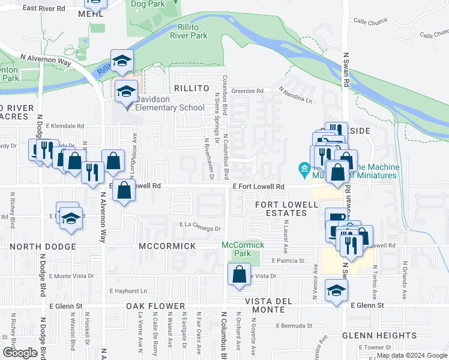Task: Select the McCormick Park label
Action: (243, 249)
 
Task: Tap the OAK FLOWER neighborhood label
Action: (155, 306)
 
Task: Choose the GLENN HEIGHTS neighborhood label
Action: (379, 335)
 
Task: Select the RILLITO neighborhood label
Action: (191, 88)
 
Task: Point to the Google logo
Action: (20, 353)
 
